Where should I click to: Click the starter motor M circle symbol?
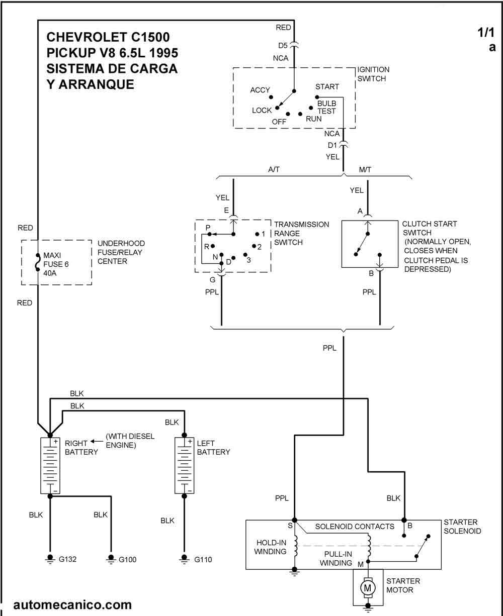click(368, 587)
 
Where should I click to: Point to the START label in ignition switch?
click(327, 87)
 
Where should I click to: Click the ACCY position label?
click(260, 90)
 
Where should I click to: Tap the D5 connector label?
click(283, 46)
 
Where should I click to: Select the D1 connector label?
click(332, 145)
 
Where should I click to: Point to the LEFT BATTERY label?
click(213, 447)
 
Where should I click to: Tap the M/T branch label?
click(366, 170)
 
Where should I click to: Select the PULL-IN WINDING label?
click(336, 559)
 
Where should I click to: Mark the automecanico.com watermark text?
click(73, 604)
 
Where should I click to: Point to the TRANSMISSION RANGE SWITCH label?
click(301, 233)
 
